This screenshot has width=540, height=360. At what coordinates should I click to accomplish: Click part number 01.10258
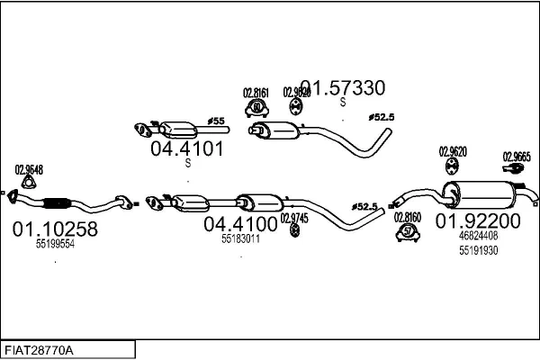point(55,229)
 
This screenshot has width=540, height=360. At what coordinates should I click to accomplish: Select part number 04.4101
point(187,148)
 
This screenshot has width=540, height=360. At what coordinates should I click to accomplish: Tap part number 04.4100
point(240,223)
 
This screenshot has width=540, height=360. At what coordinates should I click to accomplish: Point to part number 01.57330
point(342,87)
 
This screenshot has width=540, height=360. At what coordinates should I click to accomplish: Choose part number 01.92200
point(478,220)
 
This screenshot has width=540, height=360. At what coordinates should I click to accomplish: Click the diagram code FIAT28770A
point(40,349)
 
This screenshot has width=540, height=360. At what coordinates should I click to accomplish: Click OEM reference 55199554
point(55,244)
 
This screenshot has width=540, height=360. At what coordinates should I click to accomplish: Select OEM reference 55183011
point(240,238)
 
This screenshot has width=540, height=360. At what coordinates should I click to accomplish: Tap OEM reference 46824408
point(478,235)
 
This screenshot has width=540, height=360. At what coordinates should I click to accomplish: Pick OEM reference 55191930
point(478,250)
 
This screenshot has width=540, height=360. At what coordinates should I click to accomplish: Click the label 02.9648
point(29,168)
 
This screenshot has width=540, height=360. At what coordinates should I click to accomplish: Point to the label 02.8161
point(256,92)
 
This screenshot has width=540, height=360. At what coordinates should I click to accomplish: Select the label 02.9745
point(294,217)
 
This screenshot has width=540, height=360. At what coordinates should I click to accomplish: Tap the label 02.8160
point(407,217)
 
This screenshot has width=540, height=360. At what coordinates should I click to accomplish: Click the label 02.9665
point(516,155)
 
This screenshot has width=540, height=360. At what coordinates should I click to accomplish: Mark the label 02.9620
point(453,151)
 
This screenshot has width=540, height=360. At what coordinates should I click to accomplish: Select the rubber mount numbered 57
point(407,233)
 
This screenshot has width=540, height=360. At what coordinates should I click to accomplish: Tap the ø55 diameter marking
point(216,120)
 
